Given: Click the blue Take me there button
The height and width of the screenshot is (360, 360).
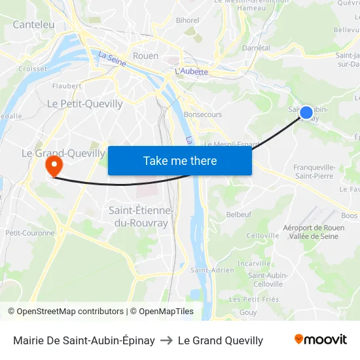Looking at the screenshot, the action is click(x=180, y=160).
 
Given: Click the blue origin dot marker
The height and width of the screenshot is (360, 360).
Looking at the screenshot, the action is click(x=306, y=113).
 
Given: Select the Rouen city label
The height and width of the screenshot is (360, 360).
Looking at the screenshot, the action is click(x=145, y=56).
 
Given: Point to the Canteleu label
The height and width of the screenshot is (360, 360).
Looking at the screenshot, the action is click(x=33, y=24).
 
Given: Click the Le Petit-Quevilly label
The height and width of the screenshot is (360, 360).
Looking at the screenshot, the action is click(x=85, y=103).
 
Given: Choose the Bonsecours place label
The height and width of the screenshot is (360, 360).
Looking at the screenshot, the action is click(x=203, y=115).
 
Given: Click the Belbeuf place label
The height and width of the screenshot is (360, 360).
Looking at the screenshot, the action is click(x=238, y=214).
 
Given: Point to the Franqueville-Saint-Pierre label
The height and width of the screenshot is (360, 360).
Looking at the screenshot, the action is click(x=314, y=171).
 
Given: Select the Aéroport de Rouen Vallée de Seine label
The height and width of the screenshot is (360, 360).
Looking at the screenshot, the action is click(x=314, y=232).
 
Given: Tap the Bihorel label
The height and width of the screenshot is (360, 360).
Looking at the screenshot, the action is click(x=188, y=20).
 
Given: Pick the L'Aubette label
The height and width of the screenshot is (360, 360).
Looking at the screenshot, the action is click(x=192, y=71).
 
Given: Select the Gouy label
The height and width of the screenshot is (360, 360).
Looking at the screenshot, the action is click(x=248, y=312).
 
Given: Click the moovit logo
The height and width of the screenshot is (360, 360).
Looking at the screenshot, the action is click(x=320, y=340).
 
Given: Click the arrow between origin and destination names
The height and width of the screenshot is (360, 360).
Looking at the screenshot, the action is click(x=166, y=340).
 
